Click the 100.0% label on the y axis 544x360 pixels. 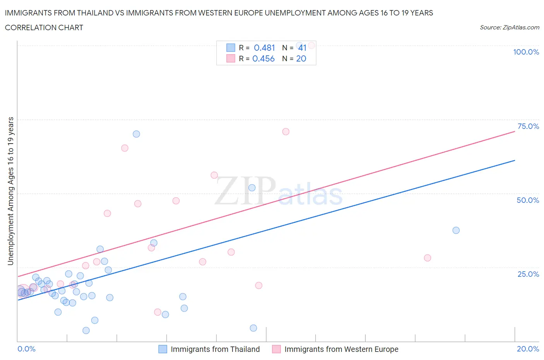tap(526, 52)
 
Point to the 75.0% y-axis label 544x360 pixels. tap(528, 126)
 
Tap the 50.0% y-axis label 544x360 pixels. tap(528, 200)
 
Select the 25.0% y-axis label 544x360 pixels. tap(528, 274)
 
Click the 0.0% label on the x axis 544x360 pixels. tap(26, 349)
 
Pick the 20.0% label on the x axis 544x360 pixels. tap(528, 349)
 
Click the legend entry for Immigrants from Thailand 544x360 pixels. tap(215, 349)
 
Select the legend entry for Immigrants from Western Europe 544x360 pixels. tap(341, 349)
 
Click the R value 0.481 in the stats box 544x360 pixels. tap(264, 48)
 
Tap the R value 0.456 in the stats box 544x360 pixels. tap(263, 58)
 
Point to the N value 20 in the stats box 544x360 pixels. tap(301, 58)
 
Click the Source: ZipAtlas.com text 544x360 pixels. tap(509, 27)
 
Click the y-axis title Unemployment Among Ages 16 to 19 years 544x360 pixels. tap(10, 191)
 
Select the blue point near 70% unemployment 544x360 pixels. tap(136, 134)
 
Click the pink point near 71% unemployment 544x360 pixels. tap(286, 132)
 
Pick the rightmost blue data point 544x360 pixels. tap(456, 230)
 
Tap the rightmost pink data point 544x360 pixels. tap(427, 258)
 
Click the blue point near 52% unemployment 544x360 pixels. tap(252, 188)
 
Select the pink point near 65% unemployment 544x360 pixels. tap(125, 148)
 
